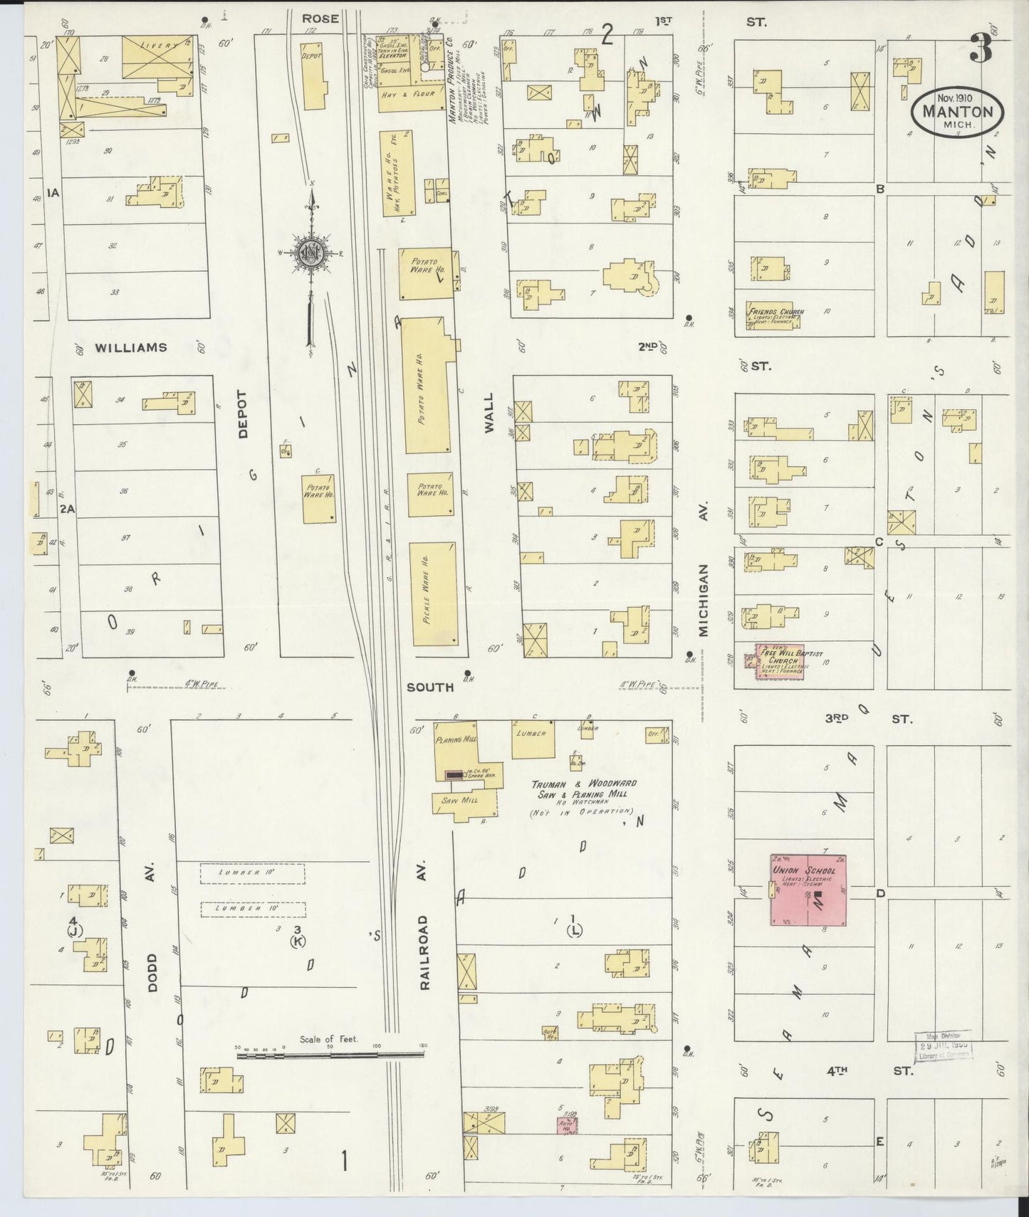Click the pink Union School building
point(808,890)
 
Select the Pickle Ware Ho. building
point(433,594)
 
